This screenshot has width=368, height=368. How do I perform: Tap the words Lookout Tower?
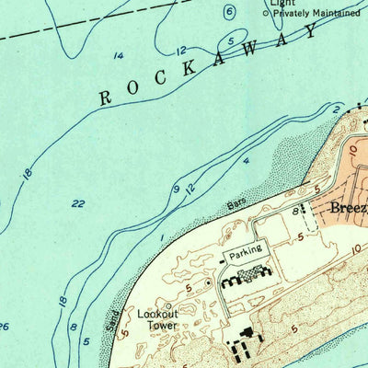click(158, 318)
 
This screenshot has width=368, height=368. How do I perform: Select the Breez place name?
click(348, 208)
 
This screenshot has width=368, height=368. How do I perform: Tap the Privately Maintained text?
click(316, 13)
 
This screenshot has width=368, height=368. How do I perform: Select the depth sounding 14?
click(118, 56)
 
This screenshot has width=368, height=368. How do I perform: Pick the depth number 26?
click(4, 327)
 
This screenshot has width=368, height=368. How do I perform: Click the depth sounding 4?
click(246, 162)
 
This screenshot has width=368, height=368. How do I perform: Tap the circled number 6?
click(229, 12)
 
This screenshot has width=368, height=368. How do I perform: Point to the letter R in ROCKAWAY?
click(106, 97)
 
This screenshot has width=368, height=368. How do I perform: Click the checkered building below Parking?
click(251, 272)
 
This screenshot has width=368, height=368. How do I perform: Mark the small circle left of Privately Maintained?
click(266, 14)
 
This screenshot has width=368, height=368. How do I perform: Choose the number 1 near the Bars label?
click(161, 238)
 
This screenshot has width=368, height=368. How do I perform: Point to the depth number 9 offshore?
click(174, 190)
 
